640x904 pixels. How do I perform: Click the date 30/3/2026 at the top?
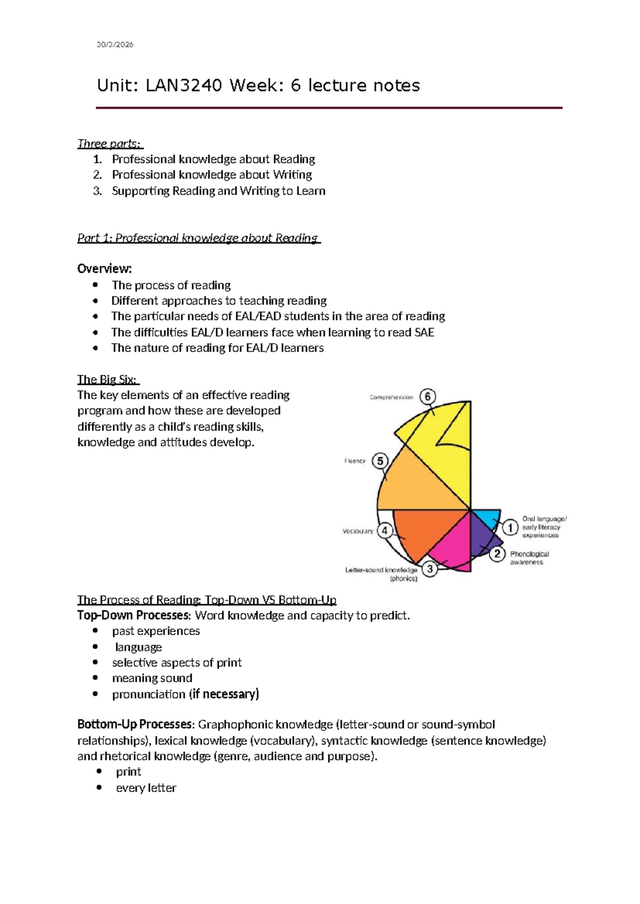[x=115, y=45]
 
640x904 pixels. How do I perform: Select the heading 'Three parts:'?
[x=109, y=144]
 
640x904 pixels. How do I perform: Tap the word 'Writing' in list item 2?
[x=292, y=175]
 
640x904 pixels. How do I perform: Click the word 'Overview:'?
[x=105, y=269]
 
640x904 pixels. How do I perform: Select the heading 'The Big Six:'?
[x=107, y=380]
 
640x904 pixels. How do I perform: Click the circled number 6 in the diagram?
[x=428, y=397]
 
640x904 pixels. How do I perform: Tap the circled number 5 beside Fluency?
[x=380, y=461]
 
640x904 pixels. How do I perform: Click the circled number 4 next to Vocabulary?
[x=385, y=531]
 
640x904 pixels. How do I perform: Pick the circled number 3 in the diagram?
[x=430, y=569]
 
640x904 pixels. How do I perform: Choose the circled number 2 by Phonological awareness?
[x=497, y=554]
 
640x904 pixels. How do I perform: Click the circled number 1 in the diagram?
[x=510, y=528]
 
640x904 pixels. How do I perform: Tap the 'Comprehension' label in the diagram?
[x=391, y=398]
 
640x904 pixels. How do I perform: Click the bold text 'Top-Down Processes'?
[x=133, y=616]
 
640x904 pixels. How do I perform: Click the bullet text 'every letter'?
[x=146, y=788]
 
